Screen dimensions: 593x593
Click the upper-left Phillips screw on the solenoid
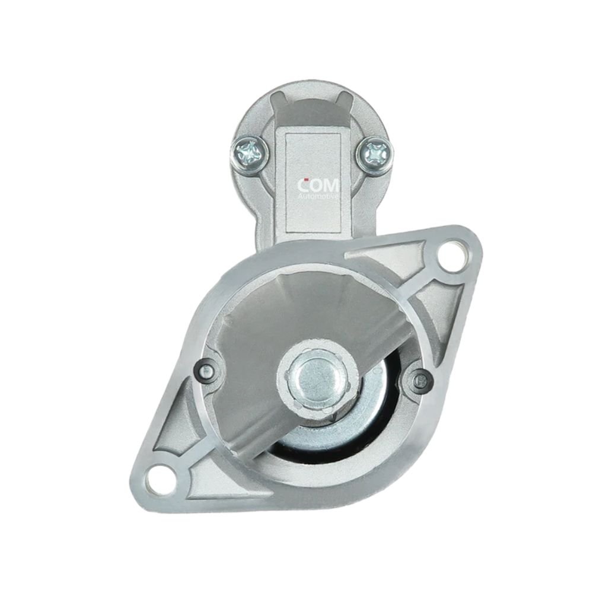tap(251, 152)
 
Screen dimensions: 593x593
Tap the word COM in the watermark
tap(318, 185)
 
